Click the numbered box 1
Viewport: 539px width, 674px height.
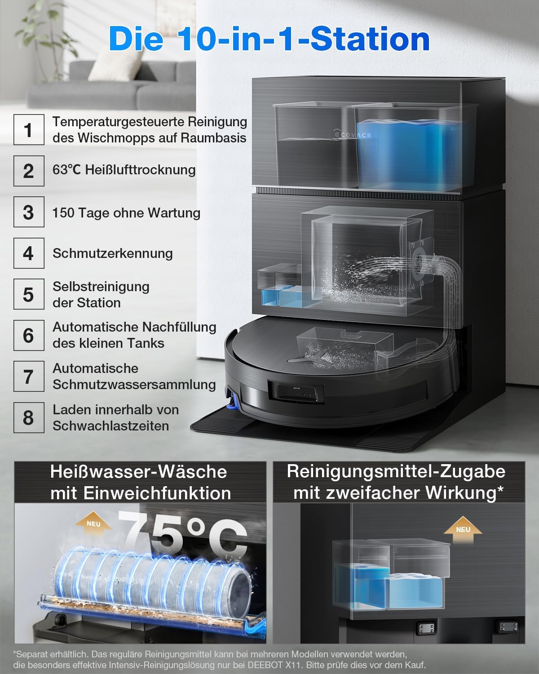tap(29, 129)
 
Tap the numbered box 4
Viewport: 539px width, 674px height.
tap(29, 253)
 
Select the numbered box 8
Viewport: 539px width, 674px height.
tap(29, 417)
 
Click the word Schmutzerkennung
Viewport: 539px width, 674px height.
tap(113, 254)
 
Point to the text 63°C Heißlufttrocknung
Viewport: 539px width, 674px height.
tap(124, 170)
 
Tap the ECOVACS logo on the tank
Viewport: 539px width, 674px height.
tap(352, 134)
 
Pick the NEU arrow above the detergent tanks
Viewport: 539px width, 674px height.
tap(463, 530)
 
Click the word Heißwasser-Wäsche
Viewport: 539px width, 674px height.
tap(139, 472)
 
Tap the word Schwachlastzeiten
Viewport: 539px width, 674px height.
tap(110, 426)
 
